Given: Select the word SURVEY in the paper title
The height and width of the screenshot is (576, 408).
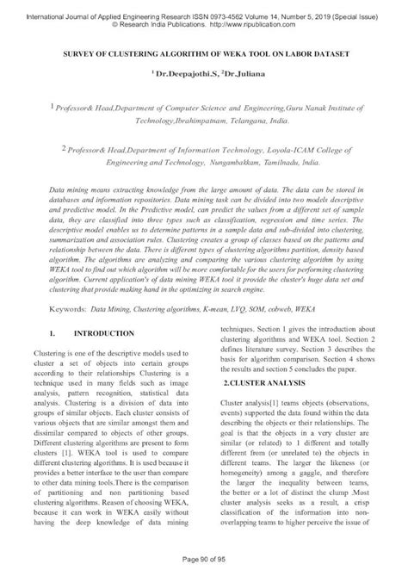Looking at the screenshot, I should click(72, 53).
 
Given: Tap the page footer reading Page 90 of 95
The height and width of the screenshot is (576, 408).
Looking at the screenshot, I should click(203, 564).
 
